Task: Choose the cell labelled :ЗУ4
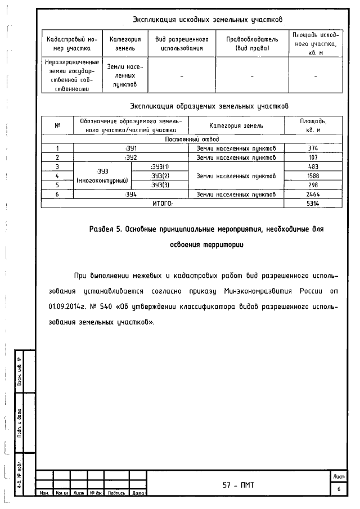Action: pyautogui.click(x=130, y=194)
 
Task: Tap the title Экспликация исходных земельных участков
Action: pyautogui.click(x=207, y=20)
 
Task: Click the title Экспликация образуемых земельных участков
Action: pyautogui.click(x=209, y=106)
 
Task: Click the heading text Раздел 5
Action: pyautogui.click(x=106, y=229)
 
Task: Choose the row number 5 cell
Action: pyautogui.click(x=57, y=184)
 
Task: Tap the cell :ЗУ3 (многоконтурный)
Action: pyautogui.click(x=102, y=175)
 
